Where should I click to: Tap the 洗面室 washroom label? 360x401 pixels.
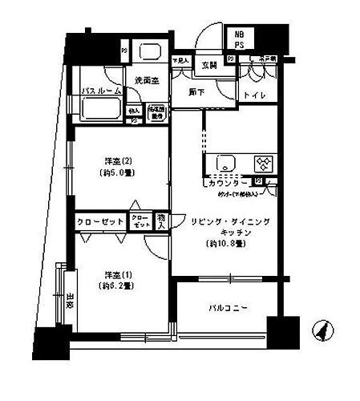[147, 81]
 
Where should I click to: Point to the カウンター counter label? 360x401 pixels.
[228, 183]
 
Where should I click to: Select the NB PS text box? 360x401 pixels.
[241, 41]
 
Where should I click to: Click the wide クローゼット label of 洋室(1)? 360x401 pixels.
[99, 221]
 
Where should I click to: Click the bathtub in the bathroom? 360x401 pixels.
[98, 110]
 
